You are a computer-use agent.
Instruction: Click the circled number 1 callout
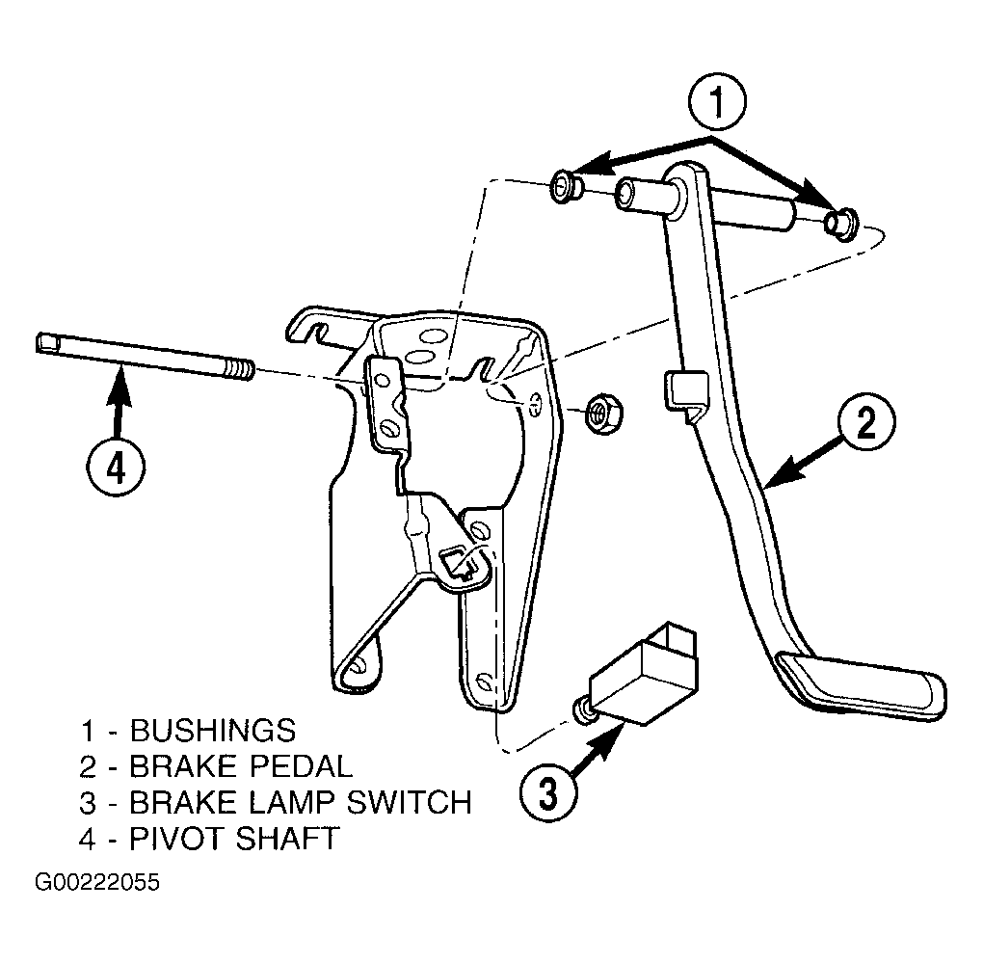pos(717,102)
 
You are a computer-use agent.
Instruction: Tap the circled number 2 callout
pos(865,422)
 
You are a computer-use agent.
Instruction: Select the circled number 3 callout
pos(548,794)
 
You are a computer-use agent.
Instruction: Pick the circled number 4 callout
pos(116,468)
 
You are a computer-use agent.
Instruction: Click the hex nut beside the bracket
pos(603,413)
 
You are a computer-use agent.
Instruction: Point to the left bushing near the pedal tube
pos(566,187)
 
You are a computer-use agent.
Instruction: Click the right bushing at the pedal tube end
pos(840,223)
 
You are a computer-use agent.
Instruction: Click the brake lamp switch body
pos(645,677)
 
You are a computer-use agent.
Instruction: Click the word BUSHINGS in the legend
pos(213,731)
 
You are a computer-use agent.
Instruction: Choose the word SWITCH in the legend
pos(410,802)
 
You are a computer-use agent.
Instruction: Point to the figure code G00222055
pos(97,883)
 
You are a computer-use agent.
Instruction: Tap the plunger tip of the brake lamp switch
pos(582,710)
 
